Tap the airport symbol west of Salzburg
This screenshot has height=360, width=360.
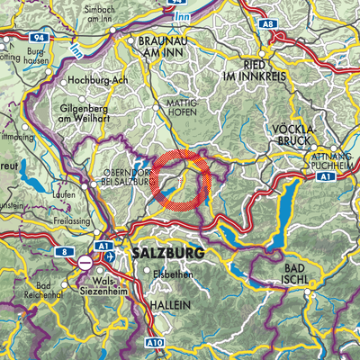click(x=110, y=256)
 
